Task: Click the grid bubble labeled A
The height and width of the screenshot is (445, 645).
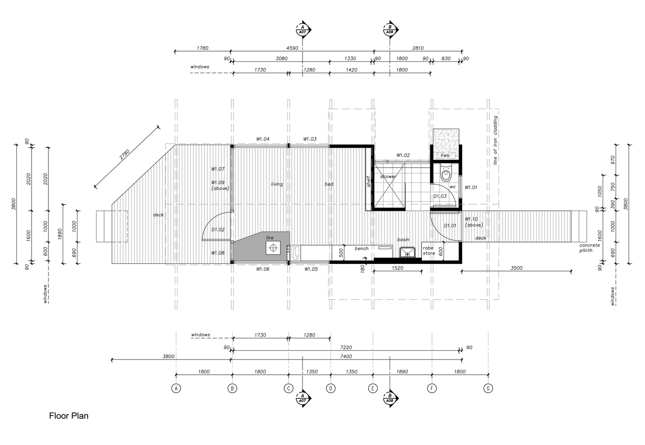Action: [x=176, y=388]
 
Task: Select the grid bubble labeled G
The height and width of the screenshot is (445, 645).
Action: [x=488, y=388]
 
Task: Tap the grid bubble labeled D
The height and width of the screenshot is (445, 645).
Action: [x=331, y=388]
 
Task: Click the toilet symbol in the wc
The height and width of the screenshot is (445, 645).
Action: [x=446, y=173]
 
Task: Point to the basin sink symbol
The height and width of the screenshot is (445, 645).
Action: [x=406, y=253]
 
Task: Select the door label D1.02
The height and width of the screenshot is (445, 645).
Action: [x=218, y=230]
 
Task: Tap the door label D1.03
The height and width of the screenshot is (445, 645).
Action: [x=440, y=196]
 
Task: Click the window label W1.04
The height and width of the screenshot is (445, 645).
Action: [x=262, y=139]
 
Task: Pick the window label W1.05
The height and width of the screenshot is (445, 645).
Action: [x=311, y=269]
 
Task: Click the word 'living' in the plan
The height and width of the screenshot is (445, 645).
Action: [x=277, y=184]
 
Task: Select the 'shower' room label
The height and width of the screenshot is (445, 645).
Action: [x=388, y=177]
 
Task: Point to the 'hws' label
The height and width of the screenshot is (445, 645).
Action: [x=445, y=156]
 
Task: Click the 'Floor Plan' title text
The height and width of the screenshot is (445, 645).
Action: [x=69, y=416]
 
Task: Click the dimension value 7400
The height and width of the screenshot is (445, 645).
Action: [x=346, y=356]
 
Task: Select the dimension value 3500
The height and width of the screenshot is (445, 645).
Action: [x=516, y=268]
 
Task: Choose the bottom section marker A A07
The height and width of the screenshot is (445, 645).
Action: [x=302, y=397]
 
